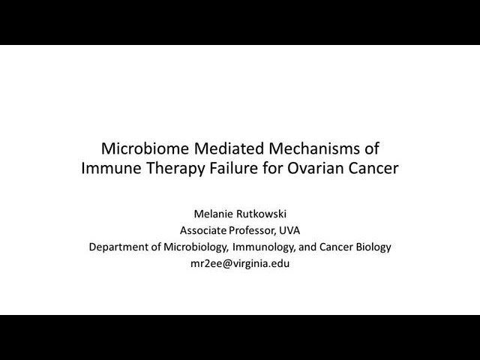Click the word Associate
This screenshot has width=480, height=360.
204,230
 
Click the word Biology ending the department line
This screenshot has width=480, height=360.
371,247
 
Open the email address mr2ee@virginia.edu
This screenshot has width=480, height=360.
240,263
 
